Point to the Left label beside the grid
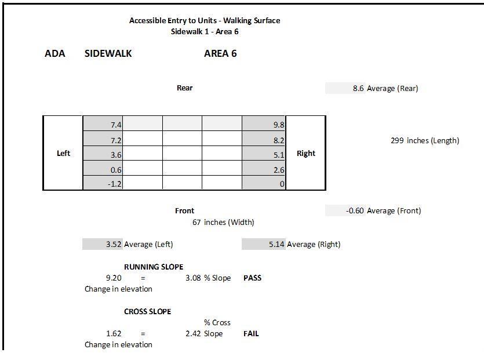[x=63, y=153]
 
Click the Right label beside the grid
[x=306, y=153]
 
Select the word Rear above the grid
[x=185, y=88]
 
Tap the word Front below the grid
[x=185, y=210]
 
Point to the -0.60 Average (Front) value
[x=355, y=210]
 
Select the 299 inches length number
[x=397, y=140]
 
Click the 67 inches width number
[x=197, y=222]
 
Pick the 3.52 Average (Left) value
[x=114, y=245]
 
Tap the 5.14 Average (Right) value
[x=276, y=245]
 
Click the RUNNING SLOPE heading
[x=154, y=267]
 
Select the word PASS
[x=252, y=278]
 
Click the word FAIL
[x=251, y=333]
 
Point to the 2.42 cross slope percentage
[x=193, y=334]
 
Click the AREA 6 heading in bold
[x=220, y=54]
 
